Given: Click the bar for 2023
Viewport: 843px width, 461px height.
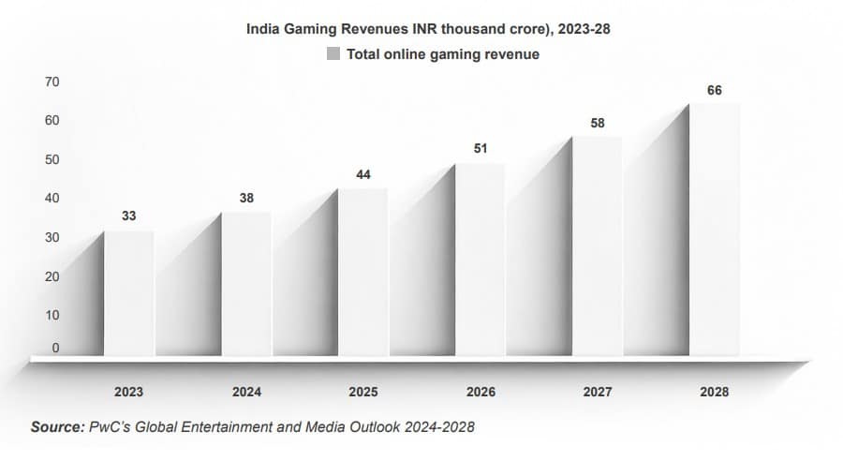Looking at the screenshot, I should pyautogui.click(x=129, y=292).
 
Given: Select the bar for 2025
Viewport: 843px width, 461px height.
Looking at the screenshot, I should pyautogui.click(x=362, y=272).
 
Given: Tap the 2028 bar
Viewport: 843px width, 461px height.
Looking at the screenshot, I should pyautogui.click(x=715, y=230).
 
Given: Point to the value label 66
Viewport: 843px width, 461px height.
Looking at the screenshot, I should pyautogui.click(x=715, y=90).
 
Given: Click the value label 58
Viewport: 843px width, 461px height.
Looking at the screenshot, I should pyautogui.click(x=598, y=123).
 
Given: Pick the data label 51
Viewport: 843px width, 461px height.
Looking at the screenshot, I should pyautogui.click(x=481, y=149).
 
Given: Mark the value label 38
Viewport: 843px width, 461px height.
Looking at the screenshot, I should pyautogui.click(x=246, y=198).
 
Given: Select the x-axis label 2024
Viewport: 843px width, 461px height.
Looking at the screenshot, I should pyautogui.click(x=246, y=392).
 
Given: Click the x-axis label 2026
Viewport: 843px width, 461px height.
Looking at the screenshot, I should pyautogui.click(x=481, y=392).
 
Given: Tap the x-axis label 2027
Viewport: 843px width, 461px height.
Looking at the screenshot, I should pyautogui.click(x=598, y=392).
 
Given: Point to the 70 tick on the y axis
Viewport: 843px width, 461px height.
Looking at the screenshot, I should pyautogui.click(x=52, y=82).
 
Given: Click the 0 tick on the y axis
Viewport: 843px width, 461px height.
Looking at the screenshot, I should pyautogui.click(x=55, y=349).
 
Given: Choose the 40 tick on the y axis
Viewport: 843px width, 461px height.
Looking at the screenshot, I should pyautogui.click(x=52, y=198).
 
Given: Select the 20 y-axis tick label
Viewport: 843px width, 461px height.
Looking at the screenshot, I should pyautogui.click(x=52, y=276).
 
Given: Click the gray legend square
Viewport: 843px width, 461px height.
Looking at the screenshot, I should pyautogui.click(x=333, y=54).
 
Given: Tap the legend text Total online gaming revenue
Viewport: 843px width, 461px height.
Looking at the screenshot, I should pyautogui.click(x=442, y=54).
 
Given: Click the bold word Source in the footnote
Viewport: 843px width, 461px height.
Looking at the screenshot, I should pyautogui.click(x=58, y=427).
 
